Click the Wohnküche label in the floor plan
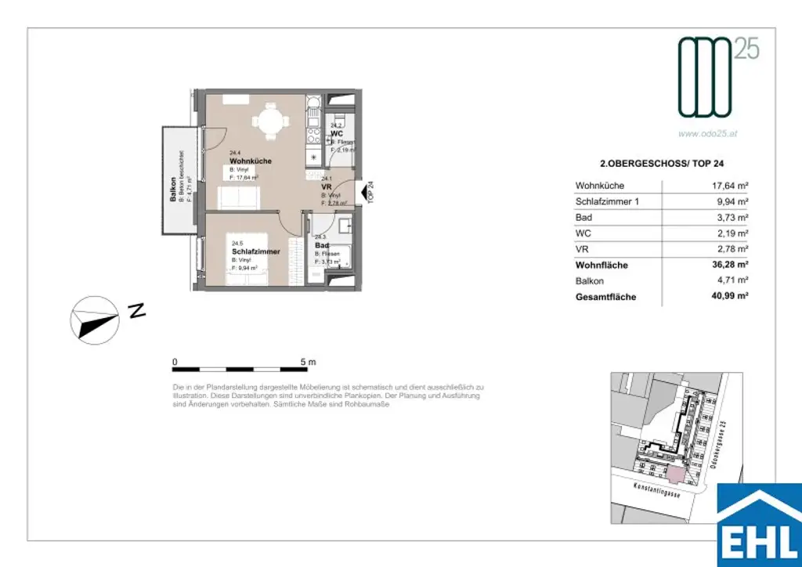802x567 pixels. click(x=250, y=161)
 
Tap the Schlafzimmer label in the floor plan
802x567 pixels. click(x=250, y=251)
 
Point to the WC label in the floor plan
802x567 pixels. click(x=336, y=133)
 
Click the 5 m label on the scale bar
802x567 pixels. click(x=307, y=362)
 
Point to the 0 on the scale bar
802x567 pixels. click(x=175, y=362)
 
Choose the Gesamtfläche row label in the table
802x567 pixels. click(x=605, y=297)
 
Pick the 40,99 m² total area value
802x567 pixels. click(x=727, y=297)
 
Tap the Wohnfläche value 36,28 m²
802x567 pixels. click(x=727, y=265)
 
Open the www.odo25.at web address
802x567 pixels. click(x=707, y=133)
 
